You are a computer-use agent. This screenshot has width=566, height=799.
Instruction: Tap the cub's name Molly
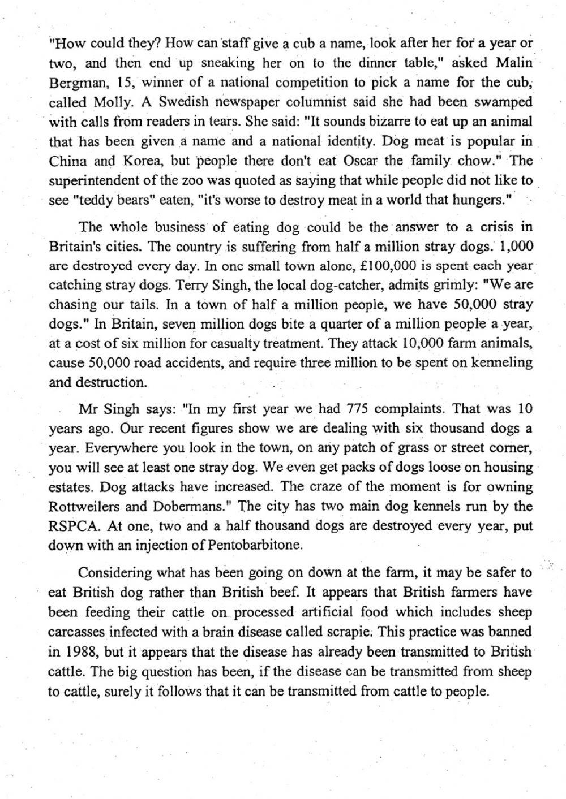(113, 102)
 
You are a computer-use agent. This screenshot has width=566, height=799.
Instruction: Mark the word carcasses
(76, 632)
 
